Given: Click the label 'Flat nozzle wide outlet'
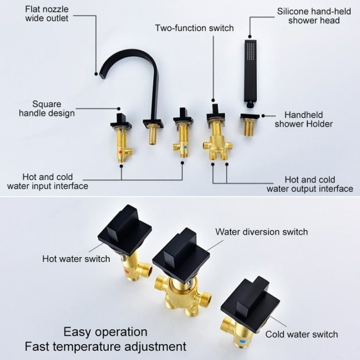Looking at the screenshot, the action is (x=47, y=14).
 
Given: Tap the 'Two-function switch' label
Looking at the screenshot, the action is (x=194, y=28).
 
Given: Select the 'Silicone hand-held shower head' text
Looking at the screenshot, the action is (x=314, y=16).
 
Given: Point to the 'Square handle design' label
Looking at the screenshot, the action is (x=47, y=108).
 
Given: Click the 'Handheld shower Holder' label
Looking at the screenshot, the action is (x=304, y=119).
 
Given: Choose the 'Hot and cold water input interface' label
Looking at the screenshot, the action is (x=47, y=181).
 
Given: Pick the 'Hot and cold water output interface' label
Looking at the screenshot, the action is (x=310, y=184).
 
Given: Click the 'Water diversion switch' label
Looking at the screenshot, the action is (x=261, y=232).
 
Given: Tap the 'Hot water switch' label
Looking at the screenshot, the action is (x=76, y=259).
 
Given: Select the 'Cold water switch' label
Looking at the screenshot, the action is (x=302, y=334).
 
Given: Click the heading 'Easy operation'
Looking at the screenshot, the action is (x=106, y=332).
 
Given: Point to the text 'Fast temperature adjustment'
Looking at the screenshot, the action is (x=106, y=347).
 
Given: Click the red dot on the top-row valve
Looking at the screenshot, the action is (x=120, y=152).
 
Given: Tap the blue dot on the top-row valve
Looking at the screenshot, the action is (x=185, y=147).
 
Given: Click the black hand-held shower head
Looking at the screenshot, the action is (x=250, y=73).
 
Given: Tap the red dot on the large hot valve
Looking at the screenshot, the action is (x=126, y=272).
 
